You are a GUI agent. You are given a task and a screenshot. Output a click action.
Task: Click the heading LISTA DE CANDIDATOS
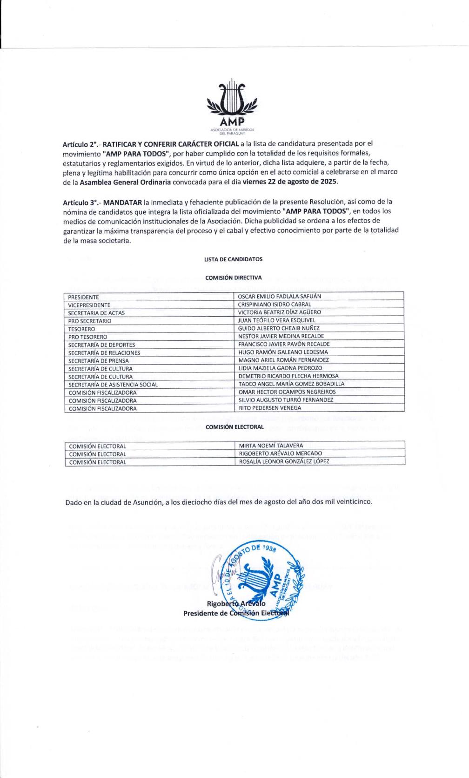coord(233,259)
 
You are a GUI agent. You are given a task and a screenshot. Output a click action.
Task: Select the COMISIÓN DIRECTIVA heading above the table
coord(234,277)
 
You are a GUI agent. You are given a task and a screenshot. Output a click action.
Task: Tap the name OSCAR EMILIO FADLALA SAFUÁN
coord(279,296)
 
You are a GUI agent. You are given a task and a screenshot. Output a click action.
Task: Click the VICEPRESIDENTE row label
coord(89,305)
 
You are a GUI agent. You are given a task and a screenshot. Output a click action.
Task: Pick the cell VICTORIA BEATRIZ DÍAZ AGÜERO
coord(278,312)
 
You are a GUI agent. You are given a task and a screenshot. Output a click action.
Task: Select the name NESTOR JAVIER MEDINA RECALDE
coord(281,336)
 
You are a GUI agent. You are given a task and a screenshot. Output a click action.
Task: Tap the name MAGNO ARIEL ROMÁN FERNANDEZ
coord(283,360)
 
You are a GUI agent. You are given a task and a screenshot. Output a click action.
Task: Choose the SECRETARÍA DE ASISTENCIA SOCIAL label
coord(113,385)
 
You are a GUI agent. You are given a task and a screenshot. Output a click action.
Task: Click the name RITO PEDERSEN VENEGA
coord(270,408)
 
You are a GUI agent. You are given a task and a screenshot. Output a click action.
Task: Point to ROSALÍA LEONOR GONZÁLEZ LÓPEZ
coord(284,461)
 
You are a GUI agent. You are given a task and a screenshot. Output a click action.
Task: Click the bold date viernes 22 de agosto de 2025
coord(291,182)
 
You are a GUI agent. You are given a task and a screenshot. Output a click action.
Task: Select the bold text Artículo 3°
coord(80,203)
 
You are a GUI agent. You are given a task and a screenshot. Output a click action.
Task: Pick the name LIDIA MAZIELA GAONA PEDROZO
coord(280,368)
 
